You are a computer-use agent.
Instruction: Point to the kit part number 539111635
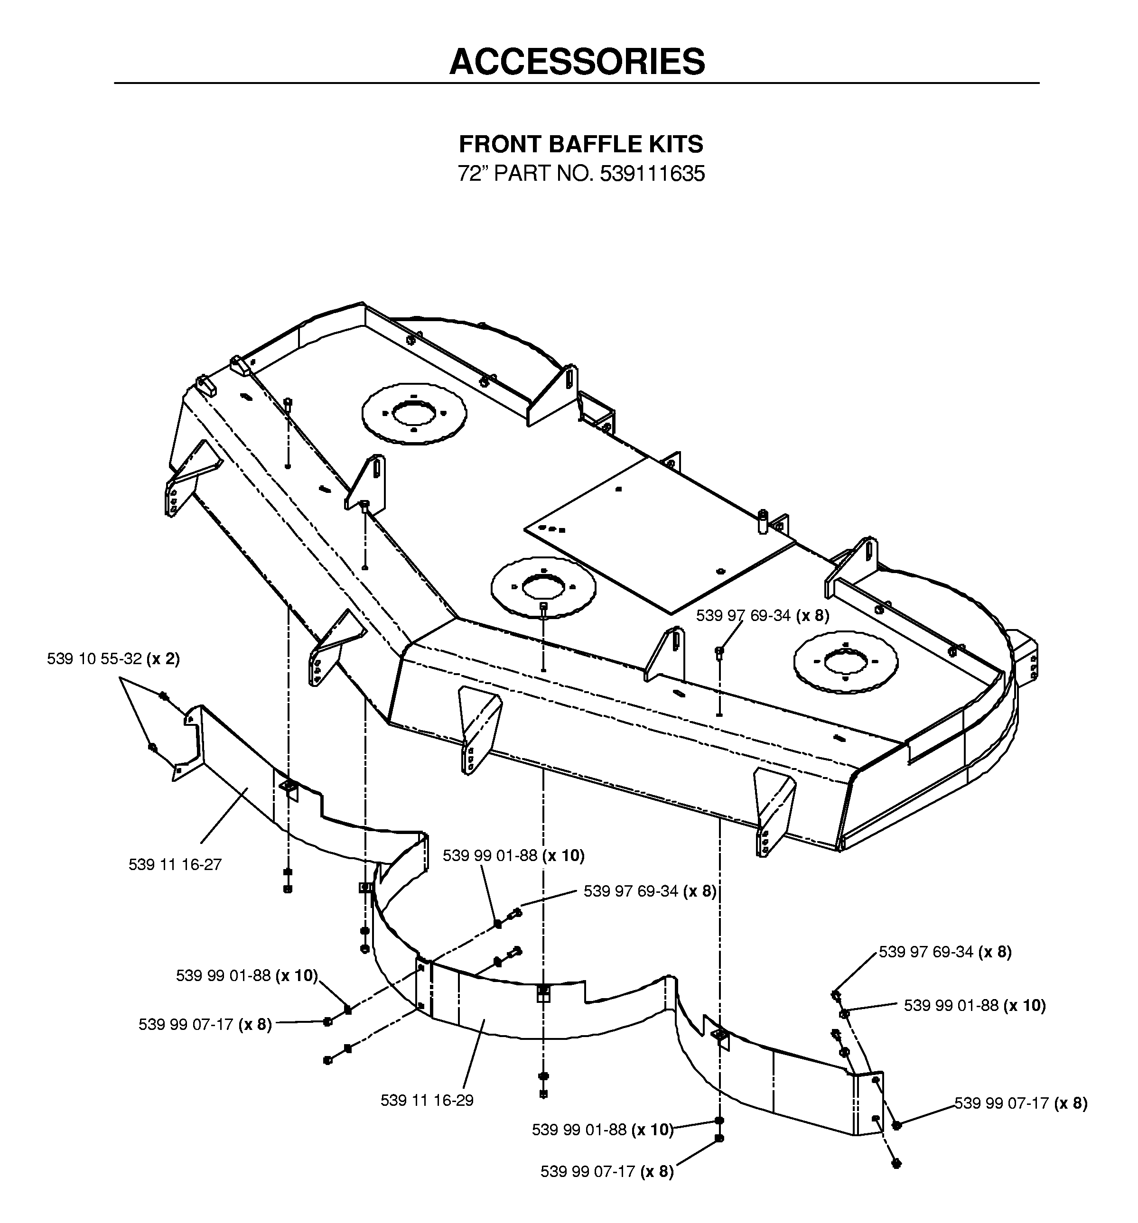tap(653, 174)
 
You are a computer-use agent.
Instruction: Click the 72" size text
tap(472, 174)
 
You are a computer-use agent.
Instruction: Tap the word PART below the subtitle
tap(522, 174)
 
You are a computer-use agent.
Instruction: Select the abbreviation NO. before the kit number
tap(575, 174)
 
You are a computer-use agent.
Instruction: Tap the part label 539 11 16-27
tap(175, 864)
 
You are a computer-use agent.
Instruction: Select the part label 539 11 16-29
tap(427, 1100)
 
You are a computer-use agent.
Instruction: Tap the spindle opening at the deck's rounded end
tap(846, 662)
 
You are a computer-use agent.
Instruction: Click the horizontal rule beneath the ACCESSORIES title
tap(577, 83)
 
